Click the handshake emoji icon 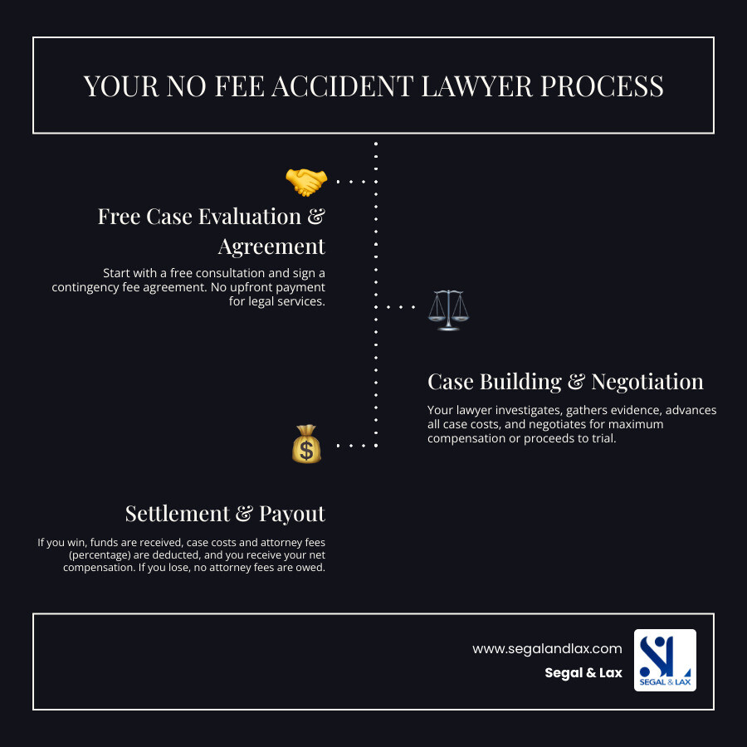click(x=305, y=181)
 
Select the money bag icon click(x=306, y=444)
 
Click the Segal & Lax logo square click(x=665, y=660)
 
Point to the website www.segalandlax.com click(x=547, y=648)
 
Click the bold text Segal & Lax click(x=583, y=673)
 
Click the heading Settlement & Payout click(x=225, y=514)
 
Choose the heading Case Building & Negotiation click(x=565, y=382)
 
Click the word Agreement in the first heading click(x=271, y=247)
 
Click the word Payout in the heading click(x=292, y=514)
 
